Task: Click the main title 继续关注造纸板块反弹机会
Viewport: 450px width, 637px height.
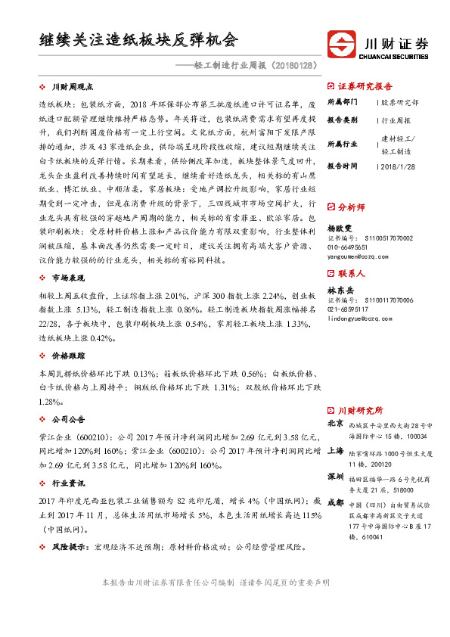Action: pos(139,39)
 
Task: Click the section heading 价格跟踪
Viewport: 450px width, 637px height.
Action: pos(71,355)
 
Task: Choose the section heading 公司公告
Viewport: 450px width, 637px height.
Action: pos(71,418)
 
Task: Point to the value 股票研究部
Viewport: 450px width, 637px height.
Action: pos(399,101)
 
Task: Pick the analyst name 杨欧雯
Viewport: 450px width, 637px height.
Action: pos(339,226)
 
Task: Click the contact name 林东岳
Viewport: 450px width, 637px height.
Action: pos(339,290)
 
